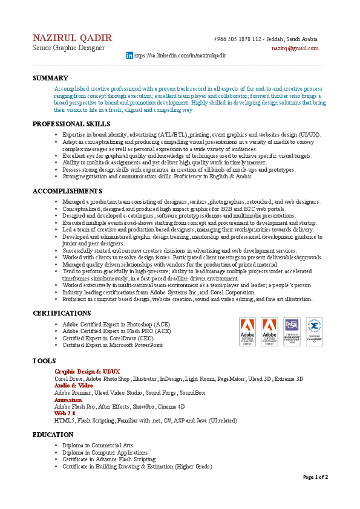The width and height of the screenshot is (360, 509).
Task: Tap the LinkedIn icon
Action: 129,55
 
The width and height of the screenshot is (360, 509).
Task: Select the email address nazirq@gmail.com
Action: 295,48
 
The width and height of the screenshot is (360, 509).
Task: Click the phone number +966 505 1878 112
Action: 238,39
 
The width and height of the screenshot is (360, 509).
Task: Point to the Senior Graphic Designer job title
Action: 68,48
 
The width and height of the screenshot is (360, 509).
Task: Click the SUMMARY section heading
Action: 50,78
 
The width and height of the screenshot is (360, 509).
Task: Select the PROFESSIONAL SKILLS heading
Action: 71,124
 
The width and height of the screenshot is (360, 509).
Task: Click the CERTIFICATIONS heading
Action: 62,313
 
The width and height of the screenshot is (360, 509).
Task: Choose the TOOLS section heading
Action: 44,361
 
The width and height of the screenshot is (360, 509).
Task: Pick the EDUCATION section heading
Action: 53,435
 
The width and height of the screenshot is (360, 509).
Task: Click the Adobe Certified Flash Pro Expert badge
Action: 247,332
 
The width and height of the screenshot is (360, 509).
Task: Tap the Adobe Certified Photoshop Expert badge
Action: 269,332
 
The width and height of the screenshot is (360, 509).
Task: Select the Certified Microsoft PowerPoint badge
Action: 292,332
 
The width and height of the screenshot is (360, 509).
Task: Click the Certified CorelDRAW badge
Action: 314,332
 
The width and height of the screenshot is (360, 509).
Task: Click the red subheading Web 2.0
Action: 65,413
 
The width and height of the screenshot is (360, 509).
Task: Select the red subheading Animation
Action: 68,400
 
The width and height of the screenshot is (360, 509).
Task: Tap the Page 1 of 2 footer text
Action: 315,477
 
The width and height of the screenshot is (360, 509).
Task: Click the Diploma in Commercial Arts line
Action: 97,446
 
